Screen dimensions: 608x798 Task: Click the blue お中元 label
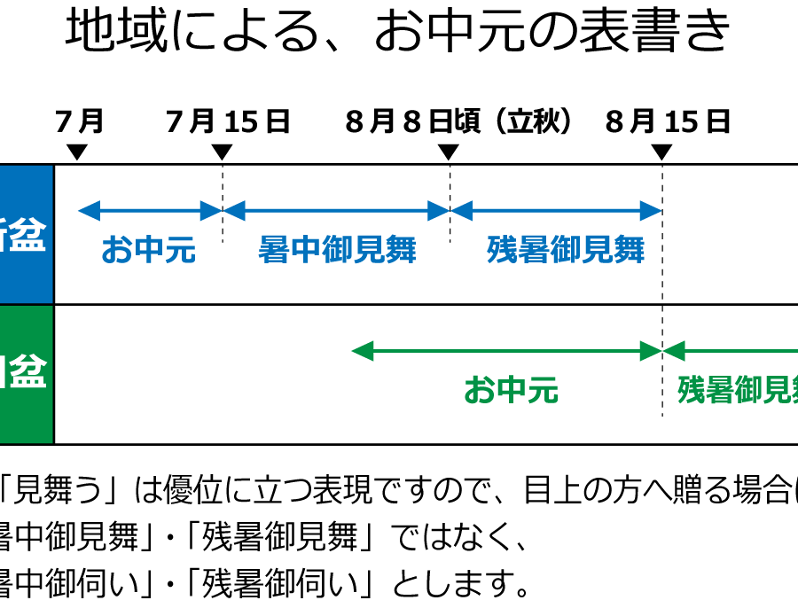coord(148,250)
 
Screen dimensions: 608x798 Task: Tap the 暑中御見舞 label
coord(337,250)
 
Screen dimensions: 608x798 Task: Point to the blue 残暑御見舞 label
coord(566,250)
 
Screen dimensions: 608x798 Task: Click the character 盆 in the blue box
coord(28,236)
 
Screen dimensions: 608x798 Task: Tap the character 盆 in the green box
coord(28,374)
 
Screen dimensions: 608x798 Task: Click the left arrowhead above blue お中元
coord(89,211)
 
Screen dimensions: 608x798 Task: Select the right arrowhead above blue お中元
coord(211,211)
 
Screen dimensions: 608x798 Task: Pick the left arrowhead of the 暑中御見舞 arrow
coord(234,211)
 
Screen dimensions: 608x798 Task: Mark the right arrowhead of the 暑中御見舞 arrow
coord(439,211)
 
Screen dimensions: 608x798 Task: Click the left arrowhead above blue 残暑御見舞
coord(462,211)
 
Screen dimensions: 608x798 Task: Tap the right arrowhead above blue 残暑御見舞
coord(651,211)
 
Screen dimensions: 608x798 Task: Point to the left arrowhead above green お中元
coord(362,351)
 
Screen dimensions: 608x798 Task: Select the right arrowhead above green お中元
coord(651,351)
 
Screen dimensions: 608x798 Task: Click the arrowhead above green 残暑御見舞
coord(674,351)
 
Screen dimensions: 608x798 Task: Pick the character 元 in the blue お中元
coord(180,250)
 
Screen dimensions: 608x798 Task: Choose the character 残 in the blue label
coord(502,250)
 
